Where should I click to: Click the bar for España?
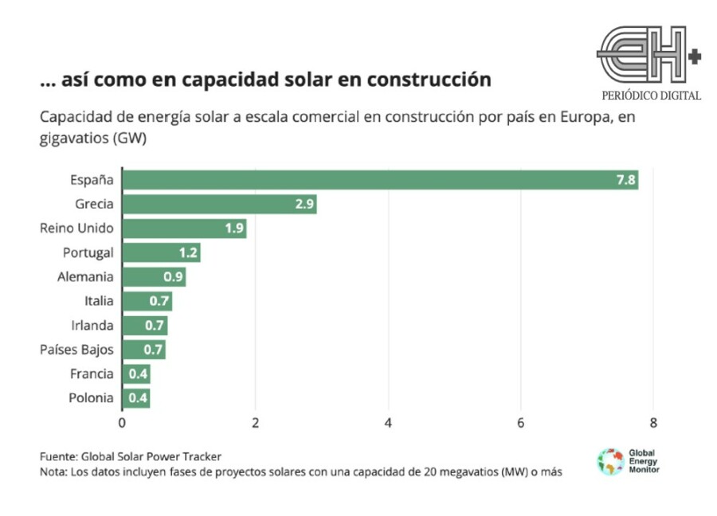[381, 180]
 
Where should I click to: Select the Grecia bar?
[220, 204]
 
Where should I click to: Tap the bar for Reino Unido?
[184, 228]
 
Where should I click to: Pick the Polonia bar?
[136, 397]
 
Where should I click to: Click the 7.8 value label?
[626, 180]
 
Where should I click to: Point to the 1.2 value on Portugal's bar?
[188, 252]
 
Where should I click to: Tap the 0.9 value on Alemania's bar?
[174, 276]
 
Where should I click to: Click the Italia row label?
[99, 301]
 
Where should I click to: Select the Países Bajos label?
[76, 350]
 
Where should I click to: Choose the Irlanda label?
[92, 325]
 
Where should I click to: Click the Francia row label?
[92, 373]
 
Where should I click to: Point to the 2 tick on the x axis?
[255, 423]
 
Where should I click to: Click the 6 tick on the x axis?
[520, 423]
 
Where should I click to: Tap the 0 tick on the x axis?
[122, 423]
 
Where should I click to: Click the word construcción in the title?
[429, 80]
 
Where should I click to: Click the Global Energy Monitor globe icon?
[610, 462]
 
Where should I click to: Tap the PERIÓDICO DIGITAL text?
[651, 96]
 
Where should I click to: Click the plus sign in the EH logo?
[695, 57]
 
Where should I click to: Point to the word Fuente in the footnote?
[58, 456]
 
